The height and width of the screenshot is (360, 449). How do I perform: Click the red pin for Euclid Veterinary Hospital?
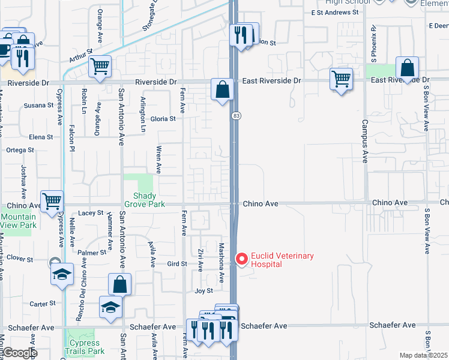243,259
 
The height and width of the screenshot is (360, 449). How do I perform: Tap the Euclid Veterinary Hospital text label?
282,260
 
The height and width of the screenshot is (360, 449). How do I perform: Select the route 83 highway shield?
237,115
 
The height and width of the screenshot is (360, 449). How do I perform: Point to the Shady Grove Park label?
144,200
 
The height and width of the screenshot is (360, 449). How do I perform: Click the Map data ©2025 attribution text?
423,355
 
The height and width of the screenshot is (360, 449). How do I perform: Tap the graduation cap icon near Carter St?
111,307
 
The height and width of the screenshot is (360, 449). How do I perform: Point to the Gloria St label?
163,119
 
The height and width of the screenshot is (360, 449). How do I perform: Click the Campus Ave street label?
364,140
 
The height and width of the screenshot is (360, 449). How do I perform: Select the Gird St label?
177,263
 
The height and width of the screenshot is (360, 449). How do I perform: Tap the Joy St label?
204,291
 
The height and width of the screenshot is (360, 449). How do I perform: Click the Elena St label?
41,137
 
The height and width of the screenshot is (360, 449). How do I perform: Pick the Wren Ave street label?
158,158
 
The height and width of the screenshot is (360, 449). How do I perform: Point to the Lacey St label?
91,212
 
